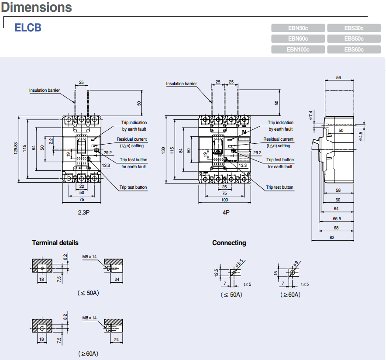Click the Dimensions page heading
pos(36,7)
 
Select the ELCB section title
pos(28,28)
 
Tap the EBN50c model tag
pos(298,28)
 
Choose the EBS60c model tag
pos(354,50)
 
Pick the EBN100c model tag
pos(298,50)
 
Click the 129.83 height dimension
pos(16,149)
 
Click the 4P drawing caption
pos(226,212)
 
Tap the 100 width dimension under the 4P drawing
pos(225,200)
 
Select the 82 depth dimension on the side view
pos(332,237)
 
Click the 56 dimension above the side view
pos(339,78)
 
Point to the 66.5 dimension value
pos(337,218)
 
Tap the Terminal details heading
pos(55,242)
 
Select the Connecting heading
pos(229,242)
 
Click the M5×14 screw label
pos(89,257)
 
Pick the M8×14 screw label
pos(89,318)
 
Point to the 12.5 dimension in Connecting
pos(217,273)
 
